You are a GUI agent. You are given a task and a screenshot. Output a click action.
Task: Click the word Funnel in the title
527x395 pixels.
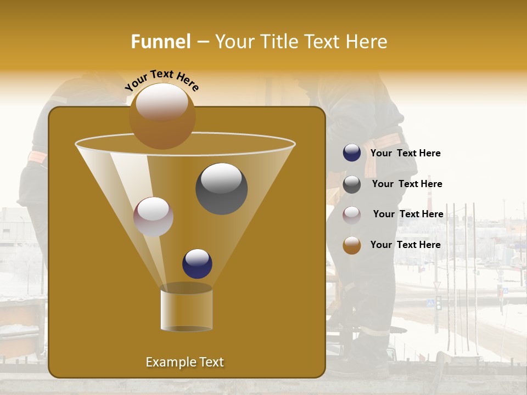160,42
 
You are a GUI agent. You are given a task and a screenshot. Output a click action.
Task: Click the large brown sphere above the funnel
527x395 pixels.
162,116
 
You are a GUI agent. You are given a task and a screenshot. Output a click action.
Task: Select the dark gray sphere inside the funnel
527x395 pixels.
221,188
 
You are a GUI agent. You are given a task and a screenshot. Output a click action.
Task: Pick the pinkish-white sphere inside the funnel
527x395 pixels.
153,217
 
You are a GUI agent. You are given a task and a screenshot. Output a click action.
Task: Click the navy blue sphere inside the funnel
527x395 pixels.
197,263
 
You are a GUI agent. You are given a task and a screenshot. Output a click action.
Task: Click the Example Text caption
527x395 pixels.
184,362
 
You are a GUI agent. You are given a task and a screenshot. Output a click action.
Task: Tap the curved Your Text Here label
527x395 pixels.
162,80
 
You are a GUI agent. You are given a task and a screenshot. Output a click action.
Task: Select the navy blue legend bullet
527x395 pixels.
352,153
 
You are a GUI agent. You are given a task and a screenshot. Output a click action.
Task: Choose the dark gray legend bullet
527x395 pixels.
352,184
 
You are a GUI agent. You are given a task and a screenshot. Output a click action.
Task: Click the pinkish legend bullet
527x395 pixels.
352,215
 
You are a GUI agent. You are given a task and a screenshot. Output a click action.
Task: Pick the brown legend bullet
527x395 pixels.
352,245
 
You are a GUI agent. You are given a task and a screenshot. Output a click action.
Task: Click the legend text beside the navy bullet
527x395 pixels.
405,154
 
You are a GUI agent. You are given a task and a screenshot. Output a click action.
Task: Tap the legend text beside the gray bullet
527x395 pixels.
407,184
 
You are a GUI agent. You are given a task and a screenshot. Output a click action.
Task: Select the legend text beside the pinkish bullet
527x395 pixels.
408,215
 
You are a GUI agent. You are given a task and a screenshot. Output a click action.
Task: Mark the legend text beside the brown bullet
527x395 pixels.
405,245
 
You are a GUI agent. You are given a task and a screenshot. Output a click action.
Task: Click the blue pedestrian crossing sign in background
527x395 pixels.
430,302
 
